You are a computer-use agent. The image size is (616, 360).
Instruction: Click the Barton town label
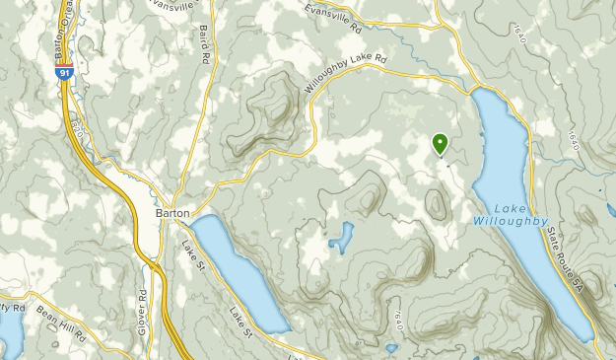[x=172, y=211]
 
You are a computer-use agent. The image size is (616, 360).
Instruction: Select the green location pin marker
[x=440, y=144]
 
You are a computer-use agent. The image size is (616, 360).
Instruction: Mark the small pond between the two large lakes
[x=341, y=237]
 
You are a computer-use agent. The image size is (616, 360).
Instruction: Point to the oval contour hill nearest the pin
[x=435, y=203]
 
